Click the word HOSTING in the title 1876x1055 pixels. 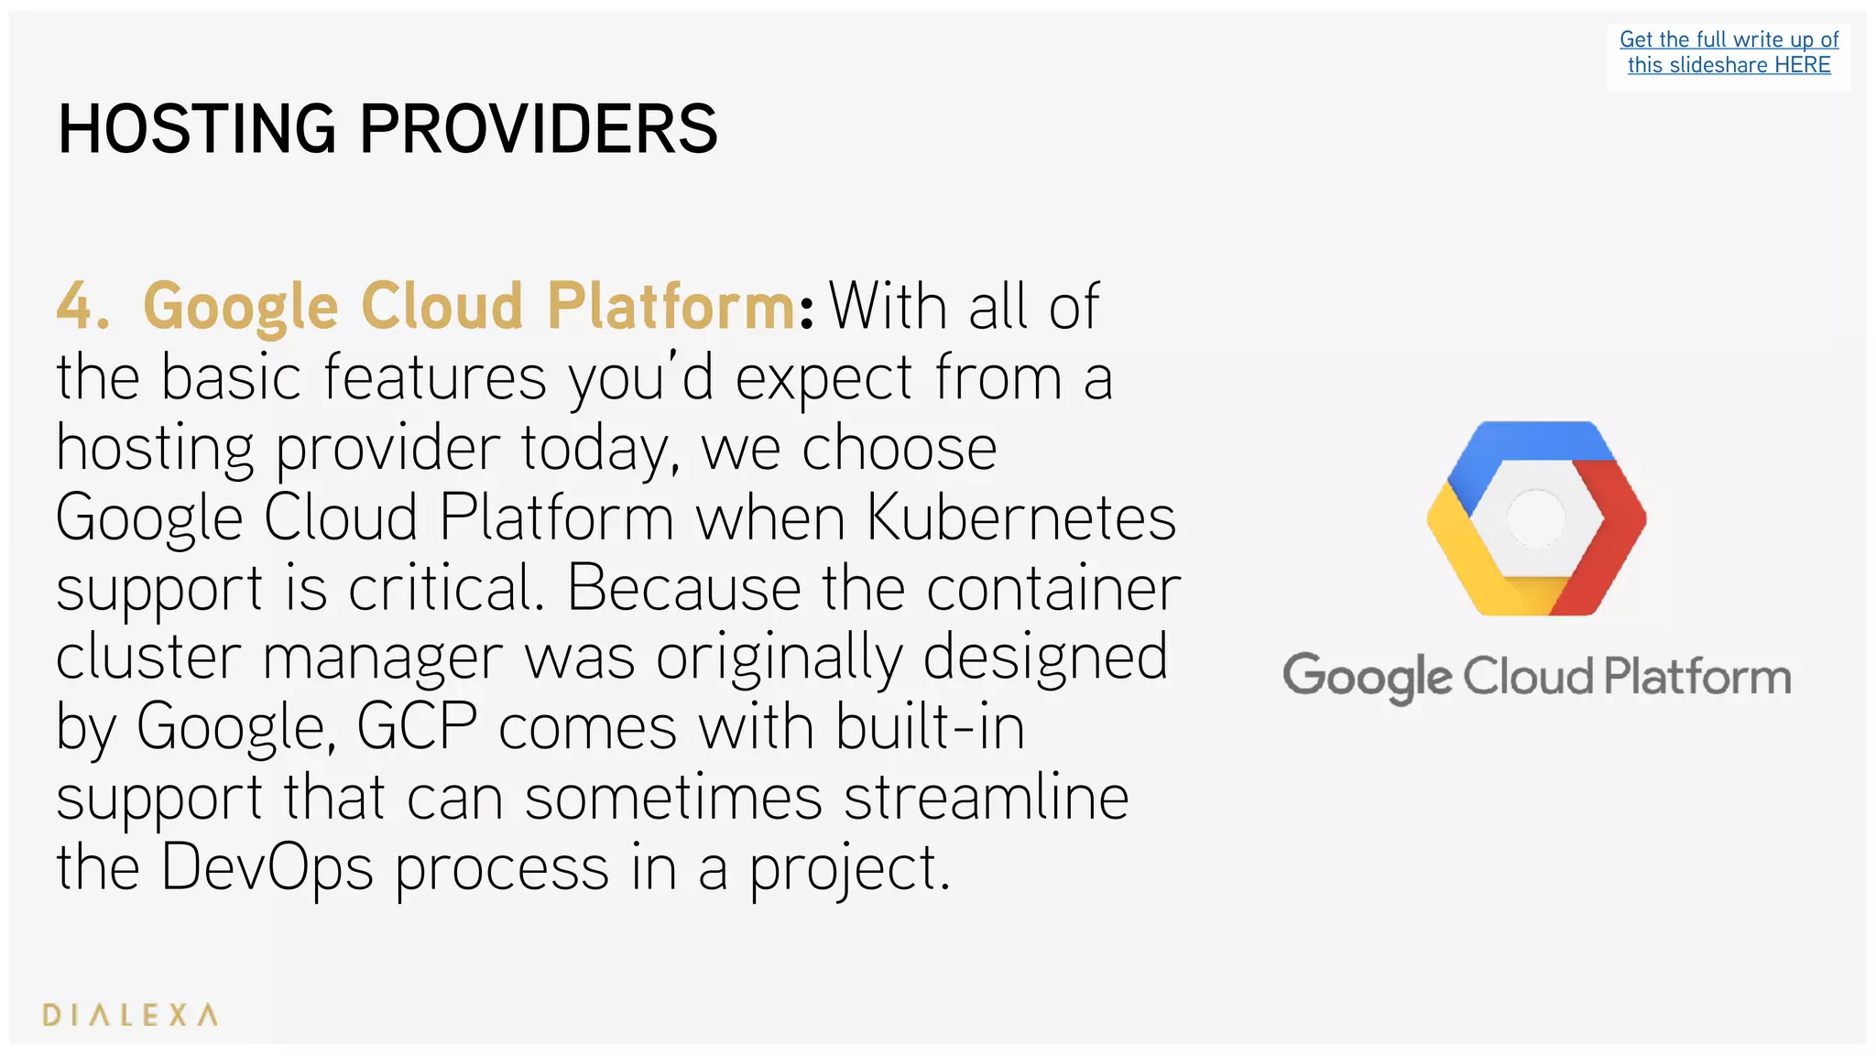click(196, 129)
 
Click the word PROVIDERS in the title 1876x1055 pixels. click(538, 129)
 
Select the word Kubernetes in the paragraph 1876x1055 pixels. click(1020, 518)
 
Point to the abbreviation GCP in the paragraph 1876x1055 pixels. click(417, 727)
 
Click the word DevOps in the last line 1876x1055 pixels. click(267, 867)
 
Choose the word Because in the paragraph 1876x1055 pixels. click(683, 588)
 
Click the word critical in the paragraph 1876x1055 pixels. click(445, 588)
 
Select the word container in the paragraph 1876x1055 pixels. click(1053, 588)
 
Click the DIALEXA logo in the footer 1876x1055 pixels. click(130, 1015)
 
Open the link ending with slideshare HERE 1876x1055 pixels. click(1729, 65)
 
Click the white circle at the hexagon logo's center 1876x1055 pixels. click(1536, 518)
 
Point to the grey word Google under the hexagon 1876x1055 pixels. click(1367, 679)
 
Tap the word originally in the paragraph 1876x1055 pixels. click(779, 658)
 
